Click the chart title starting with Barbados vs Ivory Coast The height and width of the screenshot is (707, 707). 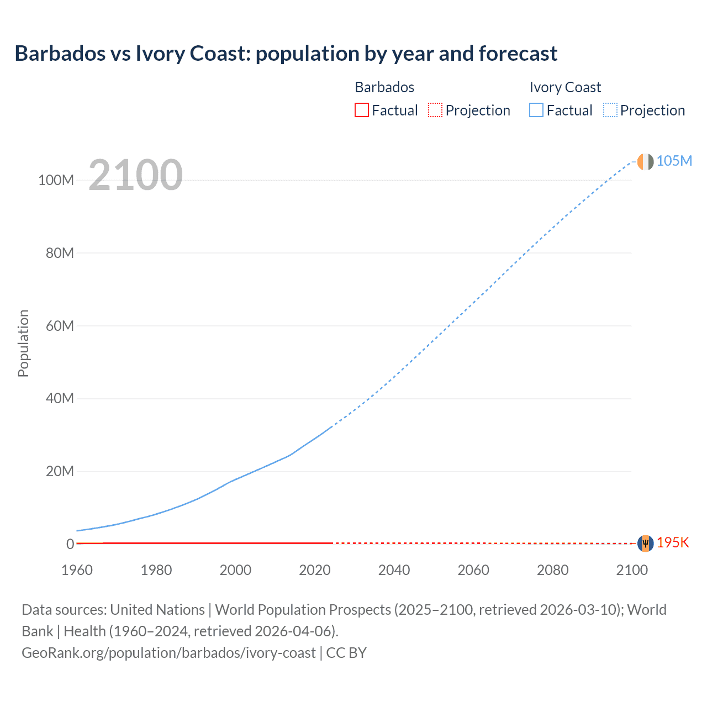click(x=286, y=54)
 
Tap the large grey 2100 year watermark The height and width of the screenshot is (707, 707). click(x=135, y=175)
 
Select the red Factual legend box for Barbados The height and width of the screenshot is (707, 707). click(x=361, y=110)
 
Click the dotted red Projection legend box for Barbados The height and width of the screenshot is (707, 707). click(x=435, y=110)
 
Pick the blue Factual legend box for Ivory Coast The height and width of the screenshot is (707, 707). click(x=536, y=110)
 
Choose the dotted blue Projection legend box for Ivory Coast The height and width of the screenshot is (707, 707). click(x=610, y=110)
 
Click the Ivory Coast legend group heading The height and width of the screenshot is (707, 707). click(x=564, y=87)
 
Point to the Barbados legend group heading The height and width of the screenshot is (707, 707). click(x=384, y=87)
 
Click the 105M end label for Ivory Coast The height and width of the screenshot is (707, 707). click(x=674, y=161)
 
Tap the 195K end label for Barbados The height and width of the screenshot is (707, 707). click(x=673, y=542)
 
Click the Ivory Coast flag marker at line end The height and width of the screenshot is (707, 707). click(x=645, y=162)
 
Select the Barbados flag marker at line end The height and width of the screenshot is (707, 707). click(x=645, y=544)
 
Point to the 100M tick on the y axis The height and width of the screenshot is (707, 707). click(x=56, y=180)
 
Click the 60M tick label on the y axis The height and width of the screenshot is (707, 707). click(x=59, y=326)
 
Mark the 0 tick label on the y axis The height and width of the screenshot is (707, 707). click(x=70, y=544)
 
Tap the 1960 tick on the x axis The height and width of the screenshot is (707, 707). click(x=77, y=570)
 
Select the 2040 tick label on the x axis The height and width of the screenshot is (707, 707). click(x=394, y=570)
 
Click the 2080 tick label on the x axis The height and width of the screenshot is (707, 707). click(x=552, y=570)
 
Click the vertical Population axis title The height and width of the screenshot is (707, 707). click(x=23, y=343)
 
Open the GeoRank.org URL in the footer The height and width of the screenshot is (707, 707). click(x=168, y=653)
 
